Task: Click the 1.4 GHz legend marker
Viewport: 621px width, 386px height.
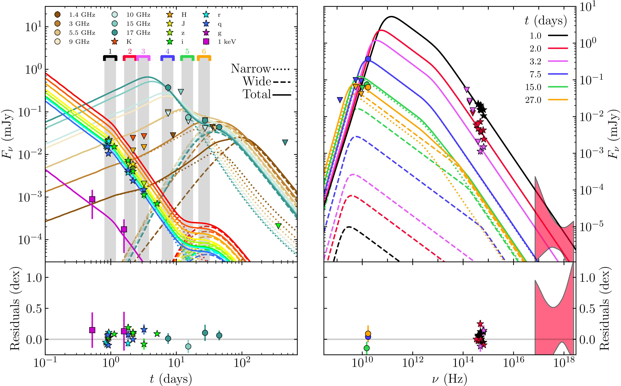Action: point(58,15)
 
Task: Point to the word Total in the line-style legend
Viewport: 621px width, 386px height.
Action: point(257,95)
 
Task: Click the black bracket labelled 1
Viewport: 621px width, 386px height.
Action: point(110,58)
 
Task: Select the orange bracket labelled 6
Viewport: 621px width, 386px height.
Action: point(204,58)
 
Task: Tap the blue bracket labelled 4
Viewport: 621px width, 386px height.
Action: point(167,58)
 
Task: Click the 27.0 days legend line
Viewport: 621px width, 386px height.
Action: point(558,100)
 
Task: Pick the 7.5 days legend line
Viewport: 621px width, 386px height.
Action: point(558,74)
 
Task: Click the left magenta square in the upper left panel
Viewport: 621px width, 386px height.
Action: point(92,199)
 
